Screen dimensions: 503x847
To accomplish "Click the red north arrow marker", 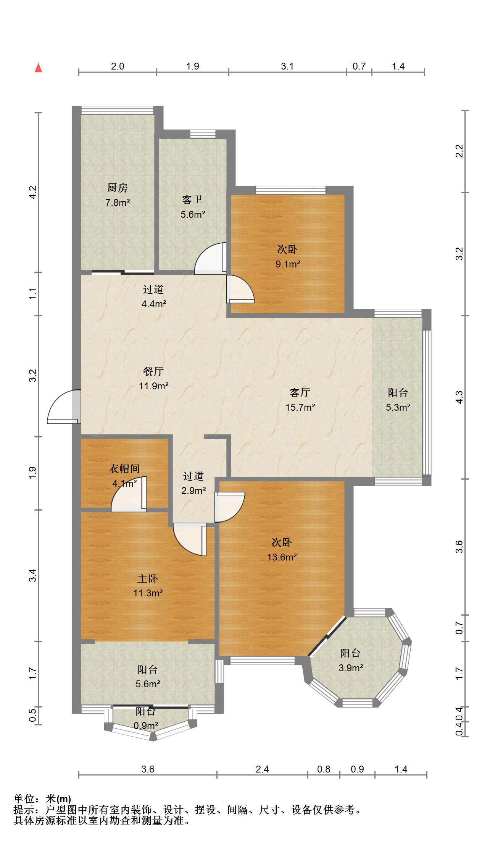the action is [x=38, y=68].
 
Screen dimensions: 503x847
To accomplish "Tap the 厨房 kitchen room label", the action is [x=117, y=188].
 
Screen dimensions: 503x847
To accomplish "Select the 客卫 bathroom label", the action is [x=192, y=199].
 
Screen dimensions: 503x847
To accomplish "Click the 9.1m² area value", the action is [x=288, y=264].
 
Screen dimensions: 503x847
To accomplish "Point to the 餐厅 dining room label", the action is [x=153, y=371].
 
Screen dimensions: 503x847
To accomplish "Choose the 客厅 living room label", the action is [x=300, y=392].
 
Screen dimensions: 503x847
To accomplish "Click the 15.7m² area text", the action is [x=300, y=407].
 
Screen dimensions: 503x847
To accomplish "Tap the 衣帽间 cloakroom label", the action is [x=124, y=468].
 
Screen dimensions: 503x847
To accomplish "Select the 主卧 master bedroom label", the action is [x=148, y=578].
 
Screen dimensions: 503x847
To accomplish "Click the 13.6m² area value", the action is [x=282, y=557].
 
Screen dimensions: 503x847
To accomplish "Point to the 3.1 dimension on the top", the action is [x=287, y=66].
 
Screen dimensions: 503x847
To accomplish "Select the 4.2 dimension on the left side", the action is [x=33, y=192].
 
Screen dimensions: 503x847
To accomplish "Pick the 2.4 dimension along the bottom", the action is [x=262, y=769].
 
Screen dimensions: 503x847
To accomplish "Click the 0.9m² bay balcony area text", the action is [x=146, y=726].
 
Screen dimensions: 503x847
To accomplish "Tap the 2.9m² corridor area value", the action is [x=193, y=491].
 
